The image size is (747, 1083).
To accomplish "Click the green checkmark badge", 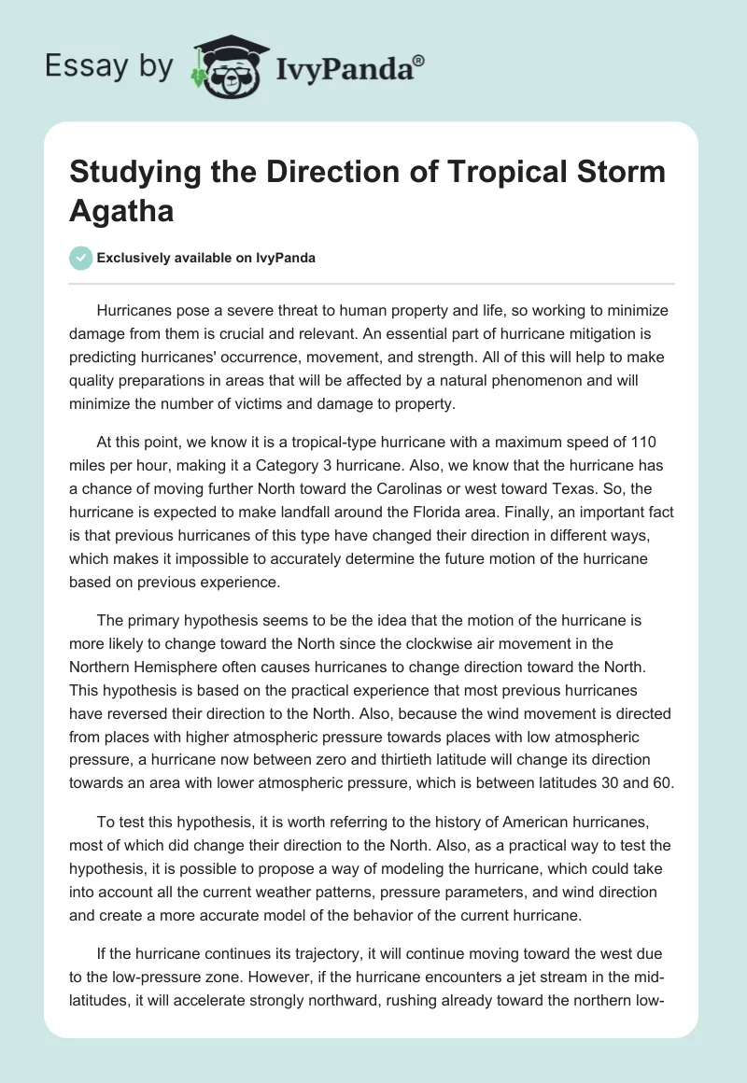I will [81, 258].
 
